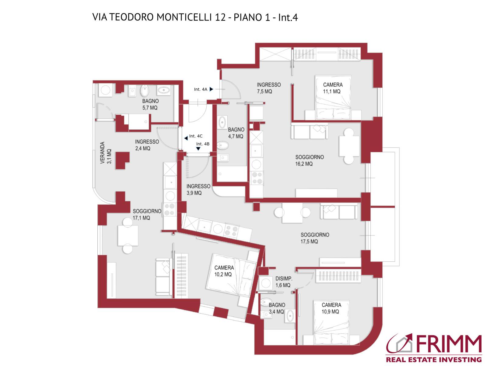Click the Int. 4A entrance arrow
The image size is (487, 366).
tap(211, 89)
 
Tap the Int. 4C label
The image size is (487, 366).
tap(195, 136)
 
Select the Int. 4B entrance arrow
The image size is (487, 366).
tap(198, 149)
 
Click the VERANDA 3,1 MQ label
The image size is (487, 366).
tap(106, 152)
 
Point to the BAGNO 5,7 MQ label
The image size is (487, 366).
tap(150, 104)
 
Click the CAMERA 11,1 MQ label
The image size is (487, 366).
tap(332, 88)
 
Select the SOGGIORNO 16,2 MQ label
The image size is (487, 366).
tap(309, 160)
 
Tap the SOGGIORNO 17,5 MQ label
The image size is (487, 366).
tap(314, 238)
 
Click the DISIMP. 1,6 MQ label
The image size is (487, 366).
tap(283, 282)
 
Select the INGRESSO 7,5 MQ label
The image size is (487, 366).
tap(268, 88)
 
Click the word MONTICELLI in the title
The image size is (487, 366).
tap(184, 17)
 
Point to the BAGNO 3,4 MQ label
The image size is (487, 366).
tap(276, 308)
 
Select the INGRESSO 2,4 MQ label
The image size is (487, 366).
tap(147, 145)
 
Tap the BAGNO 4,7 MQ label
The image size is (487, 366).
tap(236, 133)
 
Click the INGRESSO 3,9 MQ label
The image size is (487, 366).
tap(198, 189)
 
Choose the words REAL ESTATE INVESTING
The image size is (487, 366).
tap(434, 360)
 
